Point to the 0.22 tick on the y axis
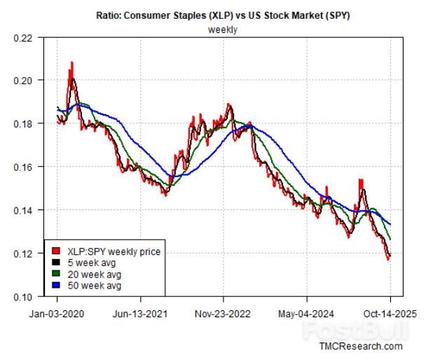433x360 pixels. point(22,38)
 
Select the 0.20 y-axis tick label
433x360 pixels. point(22,81)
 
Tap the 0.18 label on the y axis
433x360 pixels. point(22,124)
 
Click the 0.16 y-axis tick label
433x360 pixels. point(22,167)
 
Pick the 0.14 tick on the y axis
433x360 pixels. point(22,210)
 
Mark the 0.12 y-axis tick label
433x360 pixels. point(22,254)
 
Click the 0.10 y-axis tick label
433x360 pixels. point(22,296)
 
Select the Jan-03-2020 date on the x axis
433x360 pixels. point(58,314)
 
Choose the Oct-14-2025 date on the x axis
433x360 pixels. point(390,314)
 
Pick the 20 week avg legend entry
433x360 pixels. point(97,275)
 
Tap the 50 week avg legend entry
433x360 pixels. point(97,286)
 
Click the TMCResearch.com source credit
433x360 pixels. point(361,346)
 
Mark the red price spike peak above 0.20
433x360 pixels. point(71,62)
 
